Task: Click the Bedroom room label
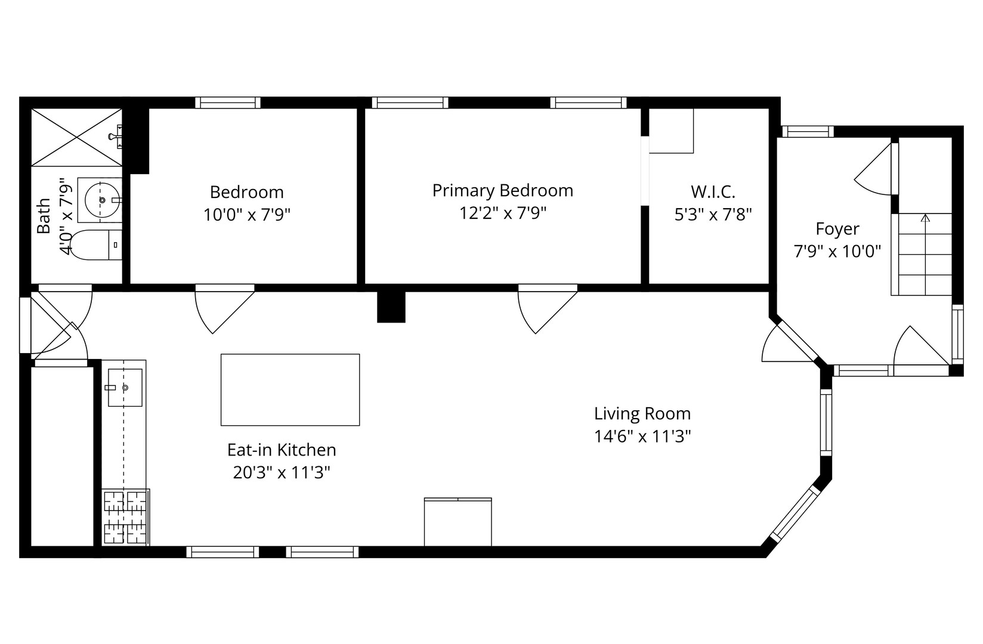246,192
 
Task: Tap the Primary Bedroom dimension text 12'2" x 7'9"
502,213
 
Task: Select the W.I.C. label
713,191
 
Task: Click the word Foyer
837,229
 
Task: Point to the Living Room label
642,414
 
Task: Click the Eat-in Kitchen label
282,450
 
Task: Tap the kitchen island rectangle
290,389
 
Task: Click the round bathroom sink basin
102,200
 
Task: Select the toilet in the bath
95,245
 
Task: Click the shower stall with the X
76,137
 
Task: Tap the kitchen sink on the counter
125,388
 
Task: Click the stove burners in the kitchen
125,518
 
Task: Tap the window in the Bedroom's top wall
228,103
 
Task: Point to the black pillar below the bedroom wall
391,307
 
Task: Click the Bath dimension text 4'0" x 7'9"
65,216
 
